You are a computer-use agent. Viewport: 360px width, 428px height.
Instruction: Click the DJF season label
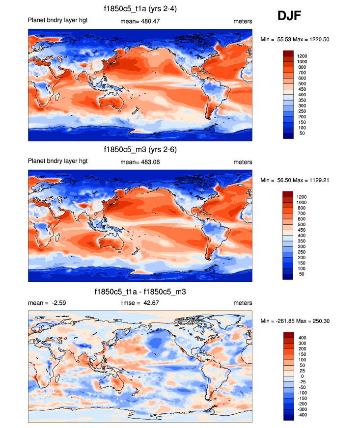(x=289, y=16)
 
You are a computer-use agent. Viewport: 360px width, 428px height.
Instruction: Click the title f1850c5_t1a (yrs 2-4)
(x=140, y=8)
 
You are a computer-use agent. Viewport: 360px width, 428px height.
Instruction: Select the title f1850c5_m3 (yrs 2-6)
(x=140, y=149)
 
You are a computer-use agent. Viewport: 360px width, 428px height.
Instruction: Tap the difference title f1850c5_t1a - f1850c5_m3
(x=140, y=292)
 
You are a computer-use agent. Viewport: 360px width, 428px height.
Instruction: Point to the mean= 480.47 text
(x=140, y=22)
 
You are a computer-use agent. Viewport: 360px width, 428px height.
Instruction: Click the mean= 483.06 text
(x=140, y=162)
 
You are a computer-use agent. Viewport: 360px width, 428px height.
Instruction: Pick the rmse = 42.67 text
(x=140, y=303)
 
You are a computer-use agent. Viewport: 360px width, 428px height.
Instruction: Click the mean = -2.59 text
(x=47, y=303)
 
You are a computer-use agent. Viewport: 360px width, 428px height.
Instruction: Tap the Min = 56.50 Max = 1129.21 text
(x=291, y=180)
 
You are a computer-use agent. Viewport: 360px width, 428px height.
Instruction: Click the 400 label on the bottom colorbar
(x=301, y=338)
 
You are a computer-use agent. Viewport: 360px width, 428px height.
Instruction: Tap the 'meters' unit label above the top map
(x=243, y=22)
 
